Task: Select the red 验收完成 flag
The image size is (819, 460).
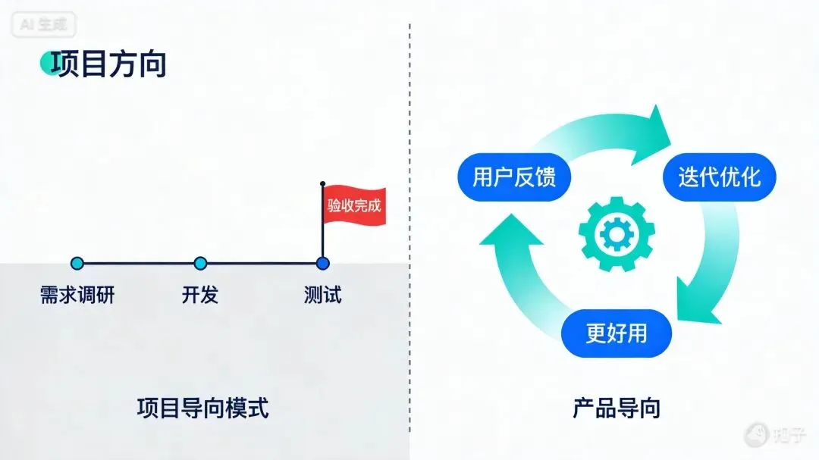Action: [x=354, y=205]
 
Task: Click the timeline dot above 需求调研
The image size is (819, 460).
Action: [x=77, y=264]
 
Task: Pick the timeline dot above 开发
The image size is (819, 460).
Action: [x=200, y=264]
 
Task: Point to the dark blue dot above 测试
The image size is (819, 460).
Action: [x=322, y=264]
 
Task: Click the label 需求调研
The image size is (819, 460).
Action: [x=77, y=295]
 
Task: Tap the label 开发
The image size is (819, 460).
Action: [x=200, y=295]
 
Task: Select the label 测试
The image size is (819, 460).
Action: [x=322, y=295]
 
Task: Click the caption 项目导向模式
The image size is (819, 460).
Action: [x=203, y=408]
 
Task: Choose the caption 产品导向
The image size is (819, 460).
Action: [x=616, y=408]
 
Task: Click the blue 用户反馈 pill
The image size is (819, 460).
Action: [x=513, y=177]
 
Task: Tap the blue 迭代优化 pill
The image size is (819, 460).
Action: [x=718, y=177]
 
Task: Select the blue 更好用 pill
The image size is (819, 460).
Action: [x=616, y=333]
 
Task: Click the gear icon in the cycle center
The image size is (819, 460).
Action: [x=616, y=234]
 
